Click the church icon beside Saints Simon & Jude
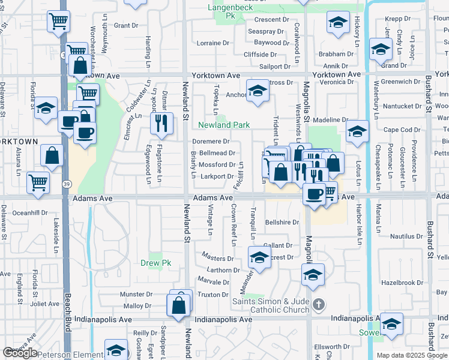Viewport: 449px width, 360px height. [x=319, y=305]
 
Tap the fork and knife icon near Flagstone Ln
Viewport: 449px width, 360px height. [x=161, y=123]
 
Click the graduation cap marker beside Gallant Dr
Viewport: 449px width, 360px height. [x=259, y=258]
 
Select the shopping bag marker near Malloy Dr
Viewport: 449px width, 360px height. [x=179, y=305]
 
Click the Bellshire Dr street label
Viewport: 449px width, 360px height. [x=282, y=222]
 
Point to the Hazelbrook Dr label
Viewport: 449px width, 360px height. [x=402, y=283]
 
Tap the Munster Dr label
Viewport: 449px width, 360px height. [x=136, y=295]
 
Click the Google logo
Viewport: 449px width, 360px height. [x=20, y=353]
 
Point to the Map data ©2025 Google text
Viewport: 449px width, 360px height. [x=412, y=355]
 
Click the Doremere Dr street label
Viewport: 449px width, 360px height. [x=211, y=142]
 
